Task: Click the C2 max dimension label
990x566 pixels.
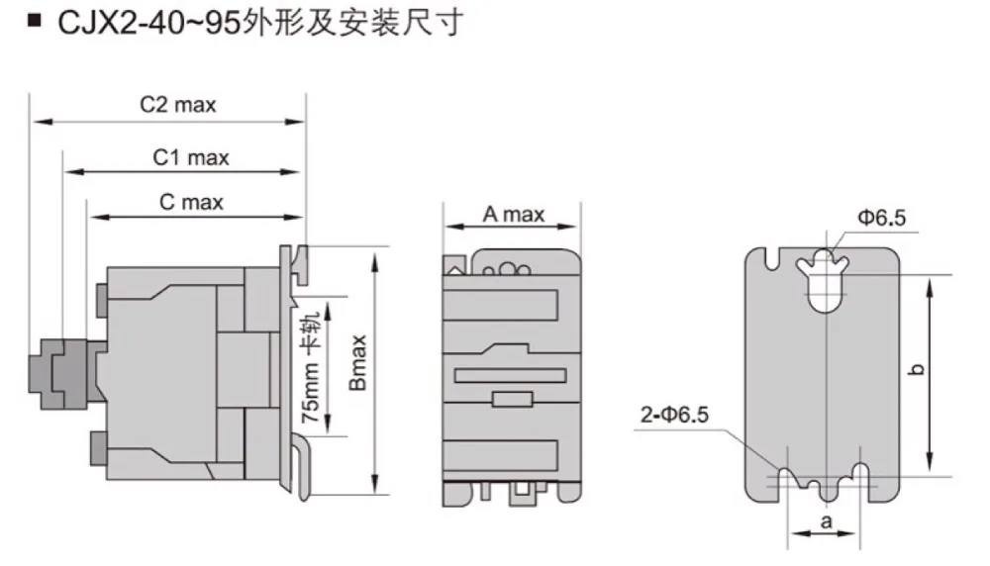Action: click(178, 105)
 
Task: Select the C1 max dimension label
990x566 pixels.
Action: click(190, 157)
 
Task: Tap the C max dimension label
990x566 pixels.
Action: click(191, 203)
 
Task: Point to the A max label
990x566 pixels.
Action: click(513, 214)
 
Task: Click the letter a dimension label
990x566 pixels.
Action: click(825, 520)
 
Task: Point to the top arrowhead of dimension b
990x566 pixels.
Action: click(930, 285)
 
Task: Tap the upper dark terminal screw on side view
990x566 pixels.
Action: click(98, 295)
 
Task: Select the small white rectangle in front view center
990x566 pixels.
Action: click(511, 399)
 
